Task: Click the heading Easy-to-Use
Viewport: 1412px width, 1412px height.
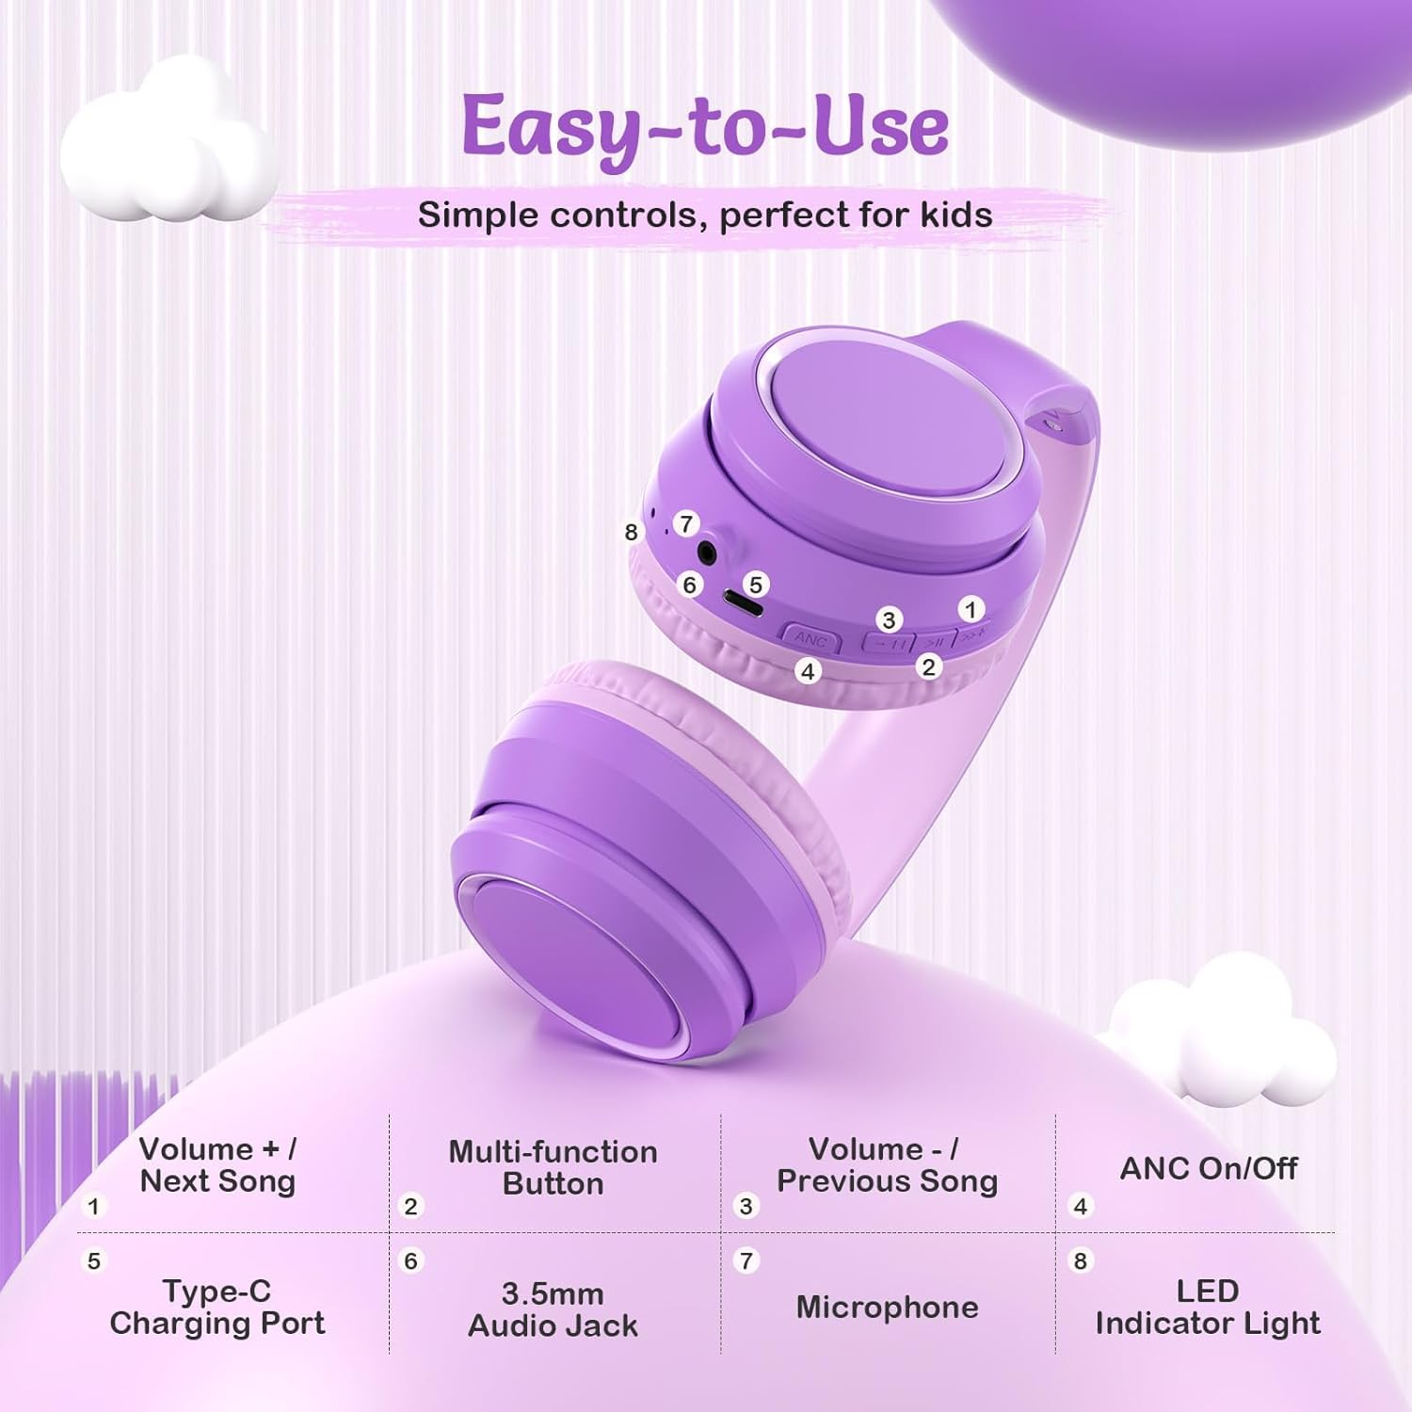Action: click(705, 127)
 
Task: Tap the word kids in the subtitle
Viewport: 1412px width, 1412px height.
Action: click(956, 216)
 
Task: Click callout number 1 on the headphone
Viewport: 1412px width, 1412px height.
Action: click(971, 609)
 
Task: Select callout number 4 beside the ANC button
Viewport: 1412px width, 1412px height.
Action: click(807, 671)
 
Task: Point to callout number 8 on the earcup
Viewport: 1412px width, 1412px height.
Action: click(632, 532)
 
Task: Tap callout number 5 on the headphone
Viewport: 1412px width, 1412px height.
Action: click(755, 585)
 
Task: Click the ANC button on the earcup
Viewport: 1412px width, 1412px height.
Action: click(810, 639)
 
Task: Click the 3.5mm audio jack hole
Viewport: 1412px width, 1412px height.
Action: click(705, 551)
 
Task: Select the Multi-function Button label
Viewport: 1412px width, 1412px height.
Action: click(553, 1167)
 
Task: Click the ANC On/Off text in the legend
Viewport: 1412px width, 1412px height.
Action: click(1209, 1168)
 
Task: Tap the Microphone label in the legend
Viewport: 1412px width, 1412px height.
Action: click(887, 1307)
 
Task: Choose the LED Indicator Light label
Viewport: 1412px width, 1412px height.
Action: click(1208, 1307)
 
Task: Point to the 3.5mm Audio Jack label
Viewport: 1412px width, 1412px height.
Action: click(553, 1309)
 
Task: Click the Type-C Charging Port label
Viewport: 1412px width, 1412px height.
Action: click(217, 1307)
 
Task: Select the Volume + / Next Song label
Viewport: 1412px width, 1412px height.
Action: click(217, 1164)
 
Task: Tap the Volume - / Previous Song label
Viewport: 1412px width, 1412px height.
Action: click(887, 1164)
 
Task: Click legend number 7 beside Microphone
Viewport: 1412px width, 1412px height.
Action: click(746, 1260)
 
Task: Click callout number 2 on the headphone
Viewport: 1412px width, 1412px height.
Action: click(928, 666)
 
